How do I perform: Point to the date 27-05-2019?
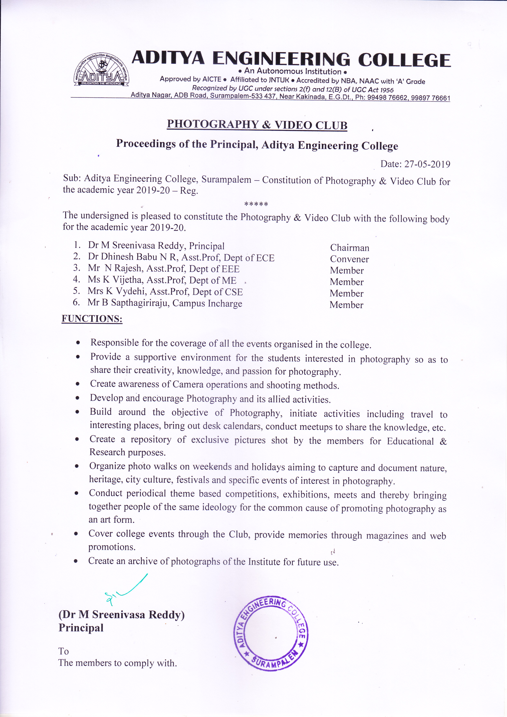[427, 164]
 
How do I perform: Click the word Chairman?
[350, 248]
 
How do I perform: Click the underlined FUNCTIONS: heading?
[92, 319]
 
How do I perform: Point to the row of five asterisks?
[256, 204]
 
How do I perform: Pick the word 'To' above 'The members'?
[63, 651]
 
